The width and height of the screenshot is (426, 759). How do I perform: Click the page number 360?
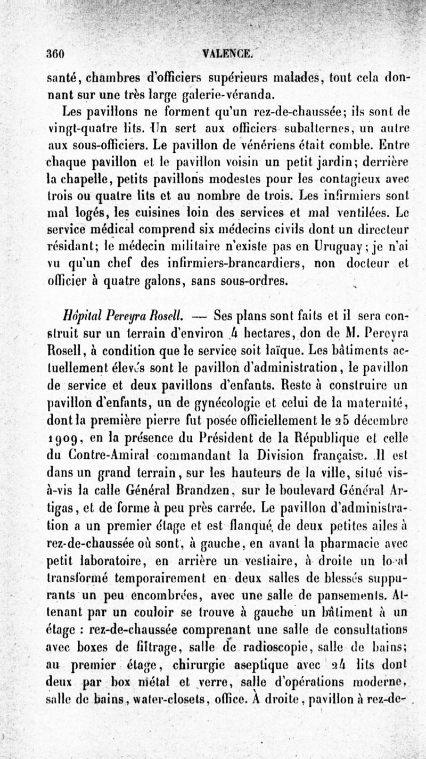[x=55, y=54]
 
